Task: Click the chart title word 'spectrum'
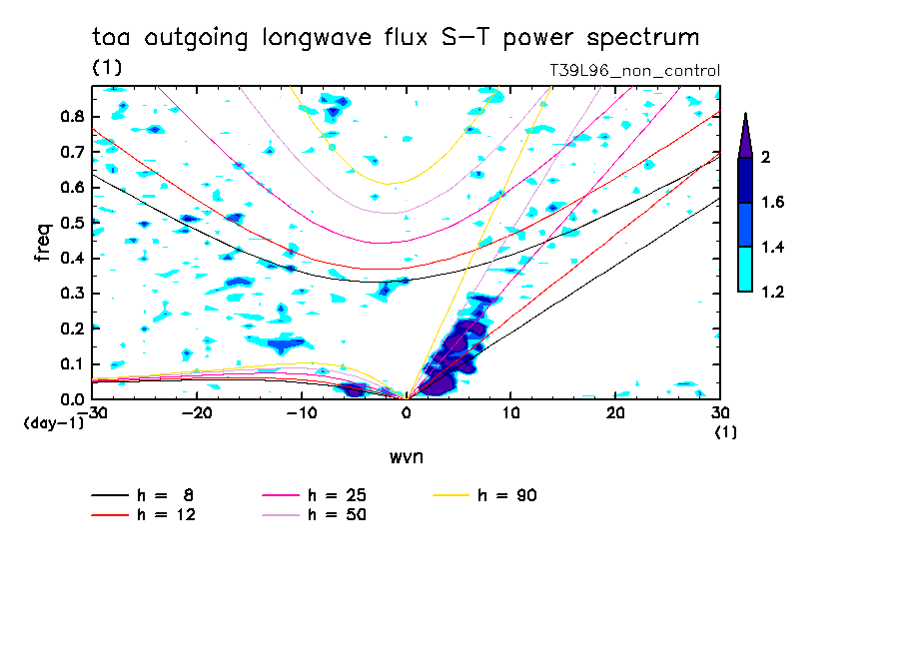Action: click(x=639, y=39)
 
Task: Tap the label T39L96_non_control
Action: click(x=634, y=71)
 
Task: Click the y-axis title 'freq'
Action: click(x=43, y=243)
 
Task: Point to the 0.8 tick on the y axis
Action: click(x=71, y=116)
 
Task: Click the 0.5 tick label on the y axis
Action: click(x=71, y=223)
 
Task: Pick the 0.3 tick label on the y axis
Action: click(x=71, y=294)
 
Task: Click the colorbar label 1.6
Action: click(x=772, y=203)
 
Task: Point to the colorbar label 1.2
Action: click(x=772, y=293)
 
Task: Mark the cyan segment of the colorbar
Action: click(x=745, y=269)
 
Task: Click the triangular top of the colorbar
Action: click(x=745, y=137)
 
